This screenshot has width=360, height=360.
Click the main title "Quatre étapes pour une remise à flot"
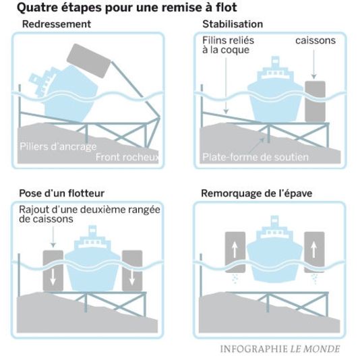[127, 8]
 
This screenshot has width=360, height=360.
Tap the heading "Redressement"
[57, 24]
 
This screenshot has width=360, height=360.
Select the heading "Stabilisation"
[233, 24]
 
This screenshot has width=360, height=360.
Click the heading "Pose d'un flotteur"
[62, 193]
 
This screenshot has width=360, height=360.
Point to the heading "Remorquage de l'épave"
[256, 193]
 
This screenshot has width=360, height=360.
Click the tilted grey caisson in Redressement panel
[88, 61]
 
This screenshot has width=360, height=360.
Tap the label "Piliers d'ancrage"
[58, 147]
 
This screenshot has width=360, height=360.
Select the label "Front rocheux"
[127, 157]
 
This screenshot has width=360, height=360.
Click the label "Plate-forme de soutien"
[256, 157]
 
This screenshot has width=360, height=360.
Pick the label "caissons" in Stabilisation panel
[316, 40]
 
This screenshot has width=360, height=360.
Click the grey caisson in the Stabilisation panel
[315, 101]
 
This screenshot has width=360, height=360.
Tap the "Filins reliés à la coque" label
[228, 45]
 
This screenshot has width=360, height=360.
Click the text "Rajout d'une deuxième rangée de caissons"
[90, 214]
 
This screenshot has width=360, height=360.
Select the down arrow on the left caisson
[53, 276]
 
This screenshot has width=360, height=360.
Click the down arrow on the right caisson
[131, 276]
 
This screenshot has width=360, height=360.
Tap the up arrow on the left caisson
[235, 250]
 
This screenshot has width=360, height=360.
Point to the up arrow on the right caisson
[314, 250]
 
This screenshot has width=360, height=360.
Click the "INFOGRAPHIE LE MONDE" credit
[280, 349]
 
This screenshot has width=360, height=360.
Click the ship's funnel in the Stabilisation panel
[275, 61]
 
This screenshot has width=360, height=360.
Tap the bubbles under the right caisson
[314, 279]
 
